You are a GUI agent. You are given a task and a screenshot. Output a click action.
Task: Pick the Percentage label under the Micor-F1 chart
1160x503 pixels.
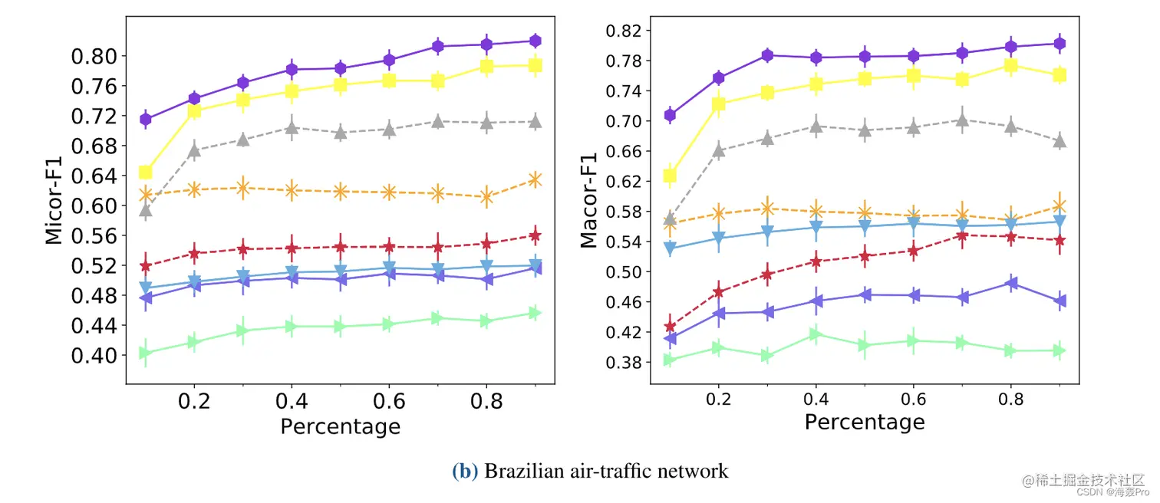340,426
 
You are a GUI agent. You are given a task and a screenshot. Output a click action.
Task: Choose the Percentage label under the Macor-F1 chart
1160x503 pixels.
865,422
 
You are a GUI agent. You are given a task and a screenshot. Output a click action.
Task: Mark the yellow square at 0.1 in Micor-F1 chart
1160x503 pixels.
146,173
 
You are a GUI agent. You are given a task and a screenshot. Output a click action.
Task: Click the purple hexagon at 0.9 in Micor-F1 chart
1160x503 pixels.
536,41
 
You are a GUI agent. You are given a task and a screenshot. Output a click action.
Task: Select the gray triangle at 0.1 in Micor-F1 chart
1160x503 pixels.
146,210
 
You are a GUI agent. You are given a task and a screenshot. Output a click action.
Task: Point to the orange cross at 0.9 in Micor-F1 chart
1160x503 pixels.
536,179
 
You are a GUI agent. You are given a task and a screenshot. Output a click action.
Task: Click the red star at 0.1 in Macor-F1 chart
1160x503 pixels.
670,327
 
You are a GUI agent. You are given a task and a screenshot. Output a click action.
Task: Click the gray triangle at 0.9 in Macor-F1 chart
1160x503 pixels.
1060,141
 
